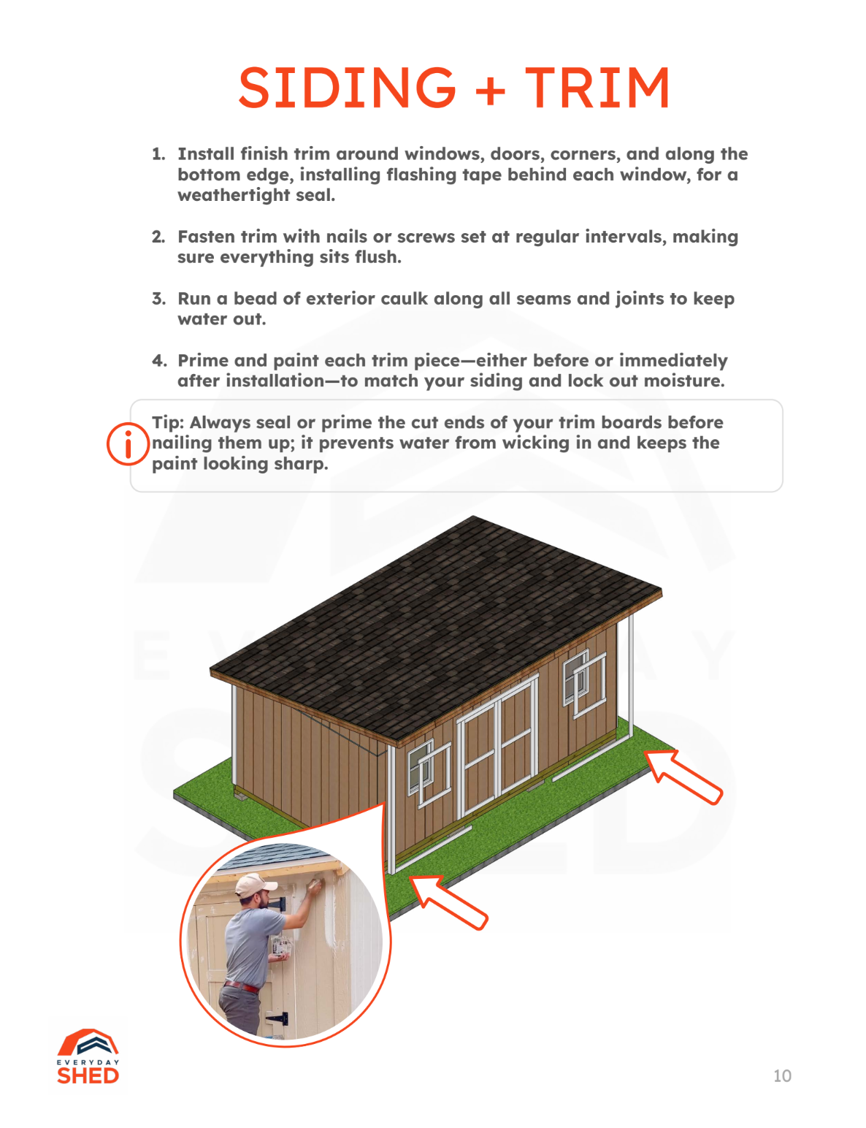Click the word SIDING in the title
pos(347,88)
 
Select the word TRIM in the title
pos(597,88)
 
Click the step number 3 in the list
pos(158,299)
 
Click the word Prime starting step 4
pos(203,361)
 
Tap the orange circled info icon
pos(128,443)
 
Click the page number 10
pos(782,1075)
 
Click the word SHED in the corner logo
pos(88,1075)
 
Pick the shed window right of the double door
pos(584,683)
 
